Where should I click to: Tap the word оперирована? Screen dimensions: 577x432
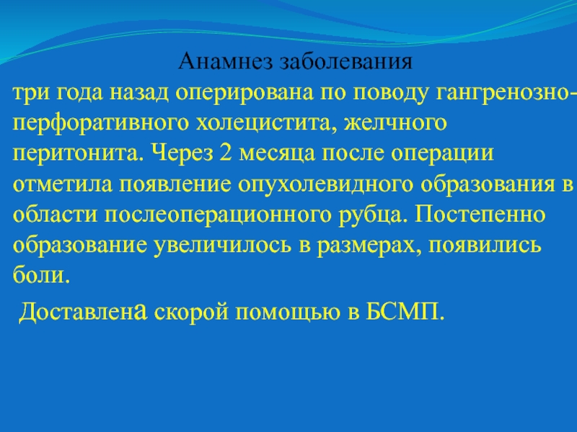click(245, 94)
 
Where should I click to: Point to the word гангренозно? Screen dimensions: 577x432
click(503, 94)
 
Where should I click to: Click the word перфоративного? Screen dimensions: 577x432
click(100, 124)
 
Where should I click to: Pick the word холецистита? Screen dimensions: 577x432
click(266, 123)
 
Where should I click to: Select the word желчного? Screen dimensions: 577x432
click(395, 123)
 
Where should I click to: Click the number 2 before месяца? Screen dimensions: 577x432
click(226, 153)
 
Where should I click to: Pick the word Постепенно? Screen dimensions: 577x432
click(480, 214)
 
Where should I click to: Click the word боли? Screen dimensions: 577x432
click(41, 274)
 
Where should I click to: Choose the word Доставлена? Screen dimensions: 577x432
click(83, 312)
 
